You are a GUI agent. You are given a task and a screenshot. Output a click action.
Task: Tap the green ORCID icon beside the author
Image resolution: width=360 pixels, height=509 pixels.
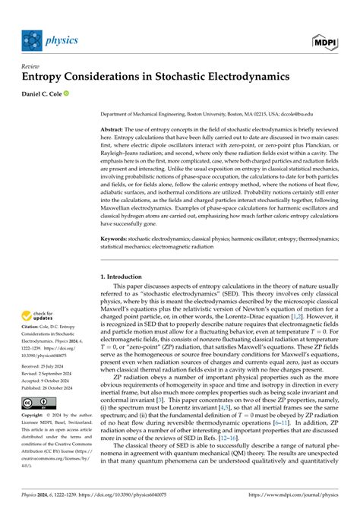coord(87,94)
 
